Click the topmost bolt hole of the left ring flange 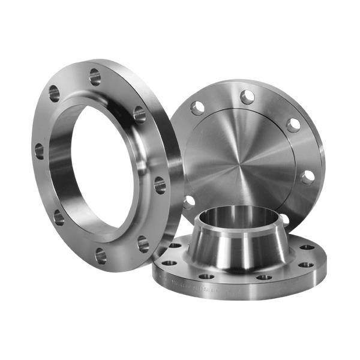(x=94, y=76)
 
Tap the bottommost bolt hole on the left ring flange (x=101, y=256)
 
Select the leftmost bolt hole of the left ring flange (x=39, y=151)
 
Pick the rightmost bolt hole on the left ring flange (x=160, y=185)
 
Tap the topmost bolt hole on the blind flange (x=247, y=97)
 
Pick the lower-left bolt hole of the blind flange (x=190, y=201)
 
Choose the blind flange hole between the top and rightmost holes (x=293, y=125)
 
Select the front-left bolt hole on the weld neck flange (x=206, y=277)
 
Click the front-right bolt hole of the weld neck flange (x=265, y=277)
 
